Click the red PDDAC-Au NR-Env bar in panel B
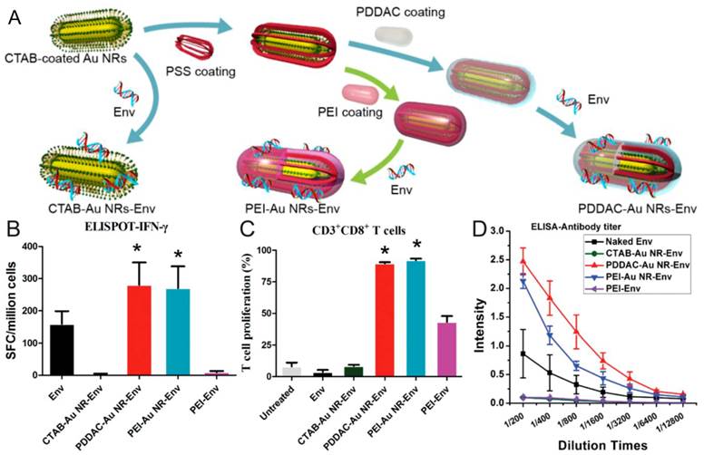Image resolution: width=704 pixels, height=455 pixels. (139, 330)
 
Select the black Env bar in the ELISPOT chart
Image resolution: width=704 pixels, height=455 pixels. (62, 350)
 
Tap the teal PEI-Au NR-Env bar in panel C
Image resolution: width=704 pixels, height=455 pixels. (416, 318)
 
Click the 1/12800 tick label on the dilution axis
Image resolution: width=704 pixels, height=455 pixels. (670, 422)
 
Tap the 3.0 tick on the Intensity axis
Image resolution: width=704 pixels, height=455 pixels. (501, 231)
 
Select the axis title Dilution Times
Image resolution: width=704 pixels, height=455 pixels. (602, 445)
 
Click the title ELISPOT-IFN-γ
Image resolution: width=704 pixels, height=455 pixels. (126, 227)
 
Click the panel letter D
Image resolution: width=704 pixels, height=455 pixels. (480, 228)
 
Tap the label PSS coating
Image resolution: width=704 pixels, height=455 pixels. (200, 72)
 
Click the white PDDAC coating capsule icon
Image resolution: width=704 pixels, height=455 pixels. (394, 35)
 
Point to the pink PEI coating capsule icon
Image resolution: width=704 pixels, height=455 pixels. (360, 93)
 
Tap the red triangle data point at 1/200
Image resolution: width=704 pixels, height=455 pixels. (523, 260)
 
